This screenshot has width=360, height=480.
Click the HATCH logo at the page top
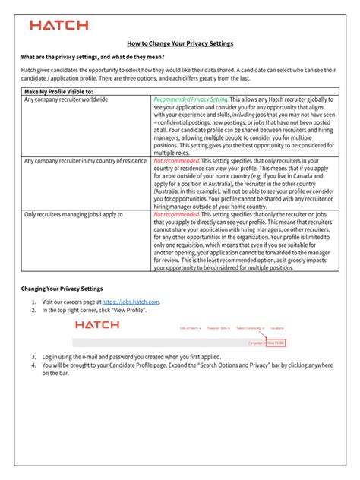(58, 25)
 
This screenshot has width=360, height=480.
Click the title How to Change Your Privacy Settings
(180, 43)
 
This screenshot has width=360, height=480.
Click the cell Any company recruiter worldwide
(66, 99)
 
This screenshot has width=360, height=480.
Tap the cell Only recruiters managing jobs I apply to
(73, 215)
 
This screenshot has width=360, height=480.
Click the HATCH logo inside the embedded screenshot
(96, 324)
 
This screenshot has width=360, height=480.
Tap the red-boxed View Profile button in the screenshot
(276, 343)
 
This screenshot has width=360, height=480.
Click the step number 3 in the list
(33, 356)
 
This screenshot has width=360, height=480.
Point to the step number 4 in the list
(33, 365)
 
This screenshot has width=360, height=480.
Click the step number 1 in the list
(33, 302)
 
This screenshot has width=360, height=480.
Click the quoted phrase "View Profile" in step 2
(128, 310)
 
